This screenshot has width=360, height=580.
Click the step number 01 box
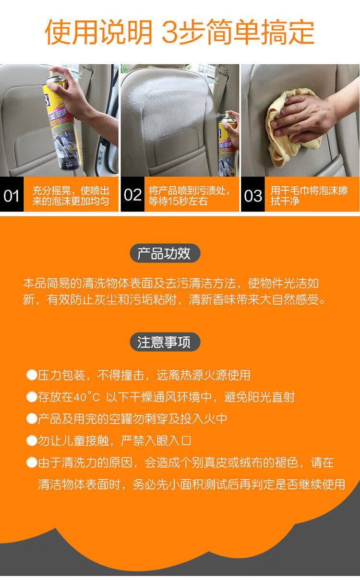(12, 194)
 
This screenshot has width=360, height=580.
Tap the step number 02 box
(132, 194)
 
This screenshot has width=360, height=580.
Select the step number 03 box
(253, 194)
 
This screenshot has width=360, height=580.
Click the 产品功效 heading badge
(165, 253)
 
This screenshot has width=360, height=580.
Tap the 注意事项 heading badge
(165, 342)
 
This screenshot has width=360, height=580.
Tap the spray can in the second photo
(227, 145)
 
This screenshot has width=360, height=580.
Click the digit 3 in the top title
(170, 32)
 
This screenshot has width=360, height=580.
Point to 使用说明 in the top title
(98, 32)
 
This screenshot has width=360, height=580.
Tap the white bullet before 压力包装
(32, 375)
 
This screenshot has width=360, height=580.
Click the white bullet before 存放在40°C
(32, 397)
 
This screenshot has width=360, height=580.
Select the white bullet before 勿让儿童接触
(32, 440)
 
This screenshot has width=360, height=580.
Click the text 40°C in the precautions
(87, 397)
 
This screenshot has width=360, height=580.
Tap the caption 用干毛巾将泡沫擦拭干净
(309, 195)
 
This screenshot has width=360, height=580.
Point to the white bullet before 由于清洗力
(32, 462)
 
